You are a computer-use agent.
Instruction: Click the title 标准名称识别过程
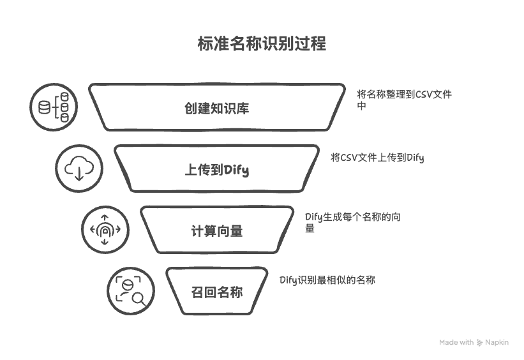[262, 43]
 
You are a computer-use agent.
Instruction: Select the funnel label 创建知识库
[216, 109]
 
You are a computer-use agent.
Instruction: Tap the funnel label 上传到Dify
[217, 170]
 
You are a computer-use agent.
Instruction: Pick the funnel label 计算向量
[217, 231]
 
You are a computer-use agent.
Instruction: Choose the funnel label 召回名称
[217, 292]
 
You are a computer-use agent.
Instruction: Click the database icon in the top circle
[54, 107]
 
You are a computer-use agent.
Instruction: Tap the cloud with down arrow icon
[79, 168]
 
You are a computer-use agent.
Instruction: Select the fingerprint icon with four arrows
[105, 230]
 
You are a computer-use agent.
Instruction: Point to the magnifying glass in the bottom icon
[138, 299]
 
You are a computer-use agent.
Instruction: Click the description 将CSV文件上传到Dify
[377, 158]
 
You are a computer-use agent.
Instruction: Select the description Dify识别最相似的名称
[327, 280]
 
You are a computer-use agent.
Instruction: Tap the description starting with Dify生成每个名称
[353, 223]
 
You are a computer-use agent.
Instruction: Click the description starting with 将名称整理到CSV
[405, 100]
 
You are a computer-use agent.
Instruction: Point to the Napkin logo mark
[479, 343]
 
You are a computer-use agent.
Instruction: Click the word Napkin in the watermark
[497, 342]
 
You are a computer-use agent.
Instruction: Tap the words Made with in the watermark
[456, 342]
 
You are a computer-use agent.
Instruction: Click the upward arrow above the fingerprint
[105, 218]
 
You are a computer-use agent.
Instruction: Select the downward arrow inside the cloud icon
[79, 174]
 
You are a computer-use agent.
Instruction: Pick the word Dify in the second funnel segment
[236, 170]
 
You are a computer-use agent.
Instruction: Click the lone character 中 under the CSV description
[362, 106]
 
